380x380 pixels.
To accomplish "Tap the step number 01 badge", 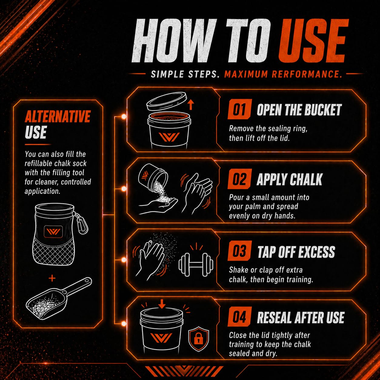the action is (239, 109).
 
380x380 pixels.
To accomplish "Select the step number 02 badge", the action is (239, 179).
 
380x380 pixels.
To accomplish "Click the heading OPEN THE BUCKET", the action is (299, 110).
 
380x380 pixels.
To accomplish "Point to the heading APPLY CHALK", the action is (289, 179).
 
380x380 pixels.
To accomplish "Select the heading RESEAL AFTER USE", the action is (301, 318).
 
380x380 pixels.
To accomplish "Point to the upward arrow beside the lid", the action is (191, 104).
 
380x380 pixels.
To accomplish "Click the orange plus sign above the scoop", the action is (52, 278).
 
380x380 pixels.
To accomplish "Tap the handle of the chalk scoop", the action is (78, 287).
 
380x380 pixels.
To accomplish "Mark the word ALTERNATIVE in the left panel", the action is (58, 116).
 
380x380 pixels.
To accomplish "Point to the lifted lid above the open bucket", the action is (167, 102).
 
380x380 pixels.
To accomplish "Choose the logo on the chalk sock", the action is (53, 231).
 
